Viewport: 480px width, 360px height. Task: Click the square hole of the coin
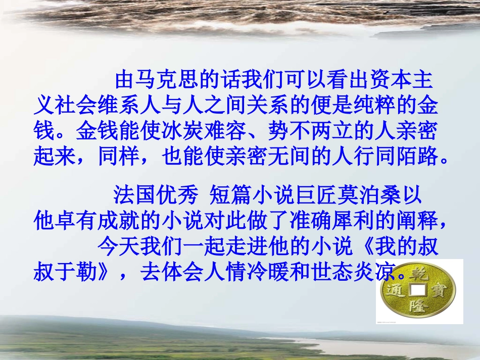tap(419, 290)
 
